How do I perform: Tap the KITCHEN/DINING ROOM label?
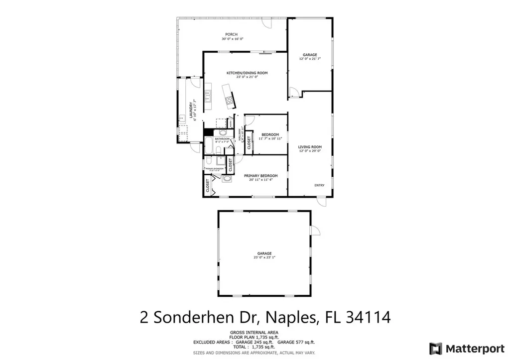coord(247,73)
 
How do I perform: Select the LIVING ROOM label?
coord(310,147)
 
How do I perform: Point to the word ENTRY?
coord(319,186)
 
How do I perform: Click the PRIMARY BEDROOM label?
coord(260,176)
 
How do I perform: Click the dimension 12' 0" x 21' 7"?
coord(310,59)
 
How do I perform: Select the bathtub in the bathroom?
coord(209,147)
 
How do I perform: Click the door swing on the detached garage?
coord(315,230)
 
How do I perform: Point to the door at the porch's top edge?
coord(267,23)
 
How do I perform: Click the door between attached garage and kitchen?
coord(294,92)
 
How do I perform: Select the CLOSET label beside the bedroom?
coord(249,142)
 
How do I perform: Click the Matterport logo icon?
coord(436,348)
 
